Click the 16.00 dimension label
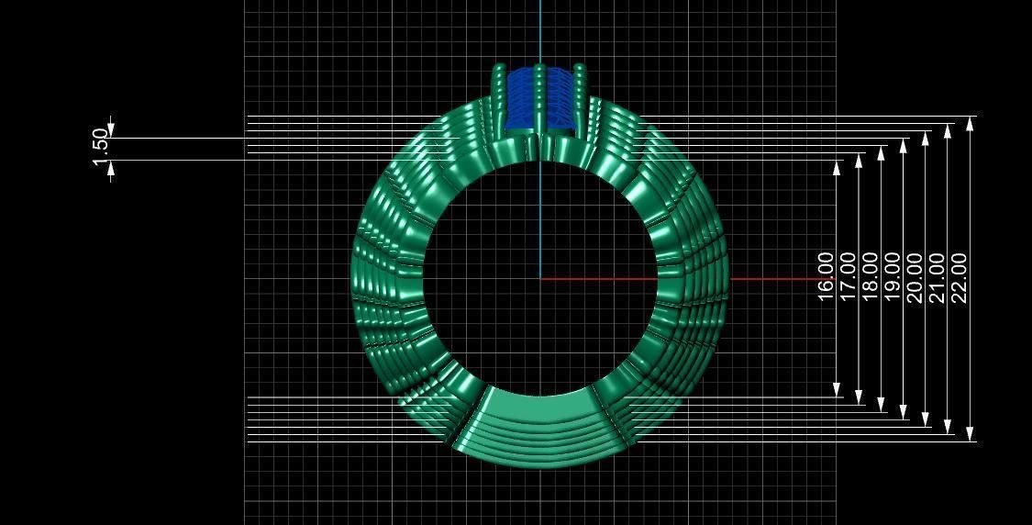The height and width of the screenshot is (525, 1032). coord(826,276)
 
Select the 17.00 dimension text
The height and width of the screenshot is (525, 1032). coord(848,276)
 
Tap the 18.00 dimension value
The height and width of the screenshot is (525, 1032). coord(870,276)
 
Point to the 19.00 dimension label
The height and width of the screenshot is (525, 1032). coord(893,276)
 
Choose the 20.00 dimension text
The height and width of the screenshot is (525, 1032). coord(915,276)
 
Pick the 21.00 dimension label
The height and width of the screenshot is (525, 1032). coord(937,276)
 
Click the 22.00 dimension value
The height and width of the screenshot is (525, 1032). coord(960,276)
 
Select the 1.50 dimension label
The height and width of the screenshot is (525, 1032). coord(100,148)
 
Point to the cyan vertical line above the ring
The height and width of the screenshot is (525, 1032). coord(540,32)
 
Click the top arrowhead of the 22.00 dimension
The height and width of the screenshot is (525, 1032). coord(971,122)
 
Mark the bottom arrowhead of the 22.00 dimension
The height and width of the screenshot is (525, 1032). coord(971,434)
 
